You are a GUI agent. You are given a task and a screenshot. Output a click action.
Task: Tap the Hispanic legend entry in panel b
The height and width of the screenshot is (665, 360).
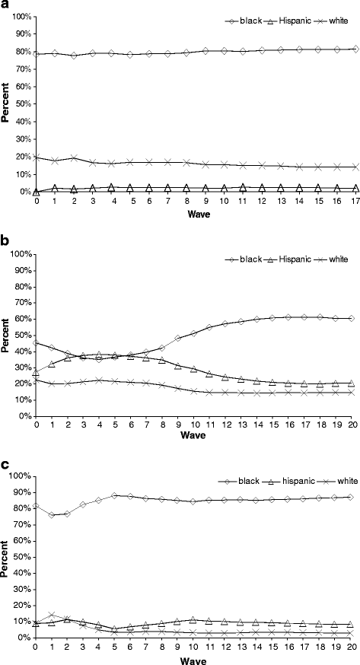[x=297, y=238]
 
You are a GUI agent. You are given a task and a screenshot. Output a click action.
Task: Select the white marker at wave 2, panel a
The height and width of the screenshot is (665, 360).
[x=74, y=158]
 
